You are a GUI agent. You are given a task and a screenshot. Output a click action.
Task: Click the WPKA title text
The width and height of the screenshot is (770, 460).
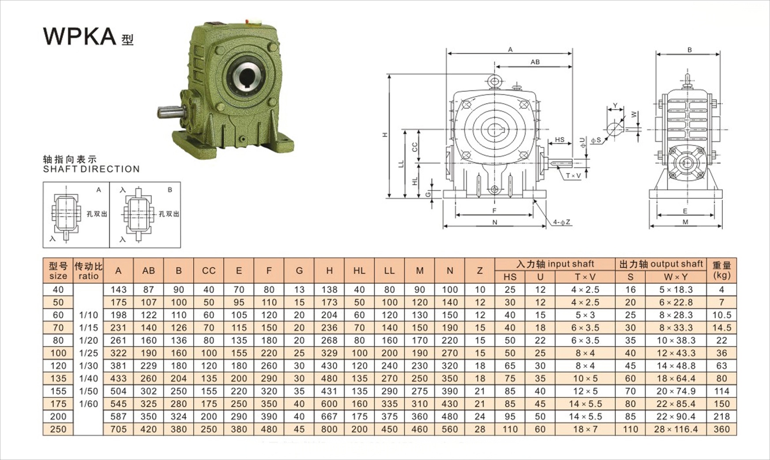click(x=79, y=36)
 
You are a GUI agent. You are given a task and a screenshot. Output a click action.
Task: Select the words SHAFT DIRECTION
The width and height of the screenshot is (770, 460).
click(x=91, y=169)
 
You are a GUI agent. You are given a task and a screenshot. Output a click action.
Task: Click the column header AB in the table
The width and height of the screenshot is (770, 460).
click(x=149, y=270)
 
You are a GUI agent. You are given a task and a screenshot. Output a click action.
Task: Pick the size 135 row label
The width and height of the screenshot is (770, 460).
click(x=58, y=378)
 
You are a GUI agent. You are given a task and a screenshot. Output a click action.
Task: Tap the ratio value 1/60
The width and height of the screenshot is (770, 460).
click(x=88, y=404)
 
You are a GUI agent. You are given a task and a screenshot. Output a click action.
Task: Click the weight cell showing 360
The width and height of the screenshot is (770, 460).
click(x=721, y=429)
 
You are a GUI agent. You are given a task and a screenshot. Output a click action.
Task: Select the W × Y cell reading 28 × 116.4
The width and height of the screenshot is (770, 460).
click(x=676, y=429)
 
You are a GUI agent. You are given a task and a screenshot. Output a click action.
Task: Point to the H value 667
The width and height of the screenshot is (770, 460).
click(x=329, y=416)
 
